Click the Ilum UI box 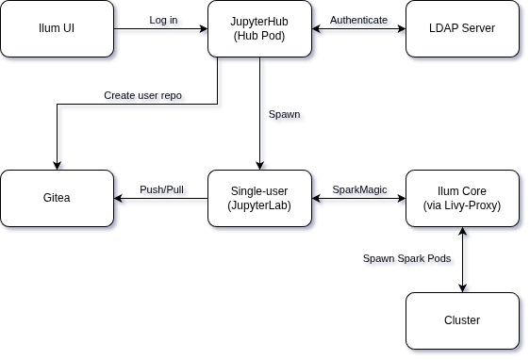coord(57,28)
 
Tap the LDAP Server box coord(462,28)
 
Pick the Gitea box coord(57,198)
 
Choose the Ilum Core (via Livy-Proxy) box coord(462,198)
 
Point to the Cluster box coord(462,320)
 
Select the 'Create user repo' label coord(144,97)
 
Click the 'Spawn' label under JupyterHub coord(287,116)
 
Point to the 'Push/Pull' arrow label coord(163,191)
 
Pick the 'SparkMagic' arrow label coord(361,191)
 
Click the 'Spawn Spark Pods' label coord(408,260)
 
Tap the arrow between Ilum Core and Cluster coord(462,273)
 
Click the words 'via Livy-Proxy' coord(462,205)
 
